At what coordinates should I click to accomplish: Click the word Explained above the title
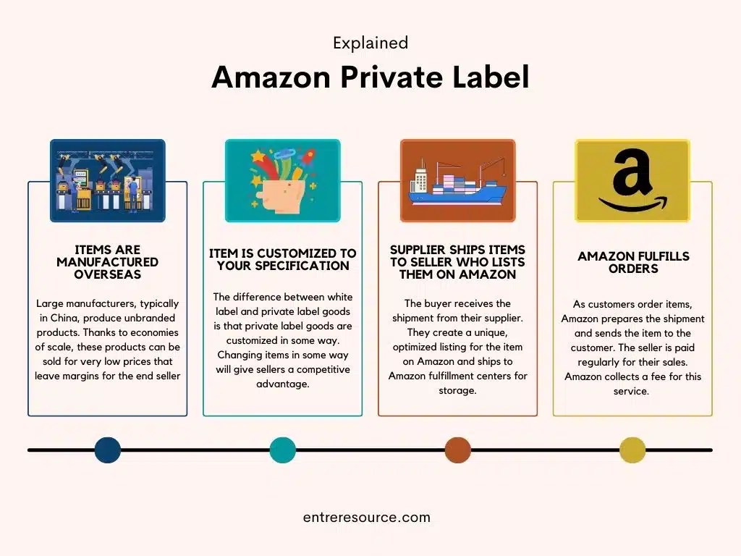point(370,43)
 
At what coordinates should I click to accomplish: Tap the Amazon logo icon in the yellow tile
point(632,180)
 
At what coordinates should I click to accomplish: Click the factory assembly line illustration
point(107,180)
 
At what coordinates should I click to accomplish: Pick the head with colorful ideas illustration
point(282,180)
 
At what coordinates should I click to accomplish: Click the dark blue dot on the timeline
point(108,450)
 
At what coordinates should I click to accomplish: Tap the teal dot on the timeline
point(282,450)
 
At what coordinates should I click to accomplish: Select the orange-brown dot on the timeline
point(457,450)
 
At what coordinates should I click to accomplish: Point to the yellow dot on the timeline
point(632,450)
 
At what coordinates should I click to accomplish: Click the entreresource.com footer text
point(367,518)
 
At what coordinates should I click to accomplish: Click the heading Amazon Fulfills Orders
point(633,262)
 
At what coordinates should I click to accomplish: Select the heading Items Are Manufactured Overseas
point(107,262)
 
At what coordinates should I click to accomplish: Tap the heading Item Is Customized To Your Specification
point(282,259)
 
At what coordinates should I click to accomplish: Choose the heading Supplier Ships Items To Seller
point(457,262)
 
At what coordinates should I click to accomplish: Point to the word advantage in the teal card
point(282,384)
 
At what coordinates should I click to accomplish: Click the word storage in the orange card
point(457,390)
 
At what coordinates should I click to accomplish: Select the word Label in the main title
point(491,77)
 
